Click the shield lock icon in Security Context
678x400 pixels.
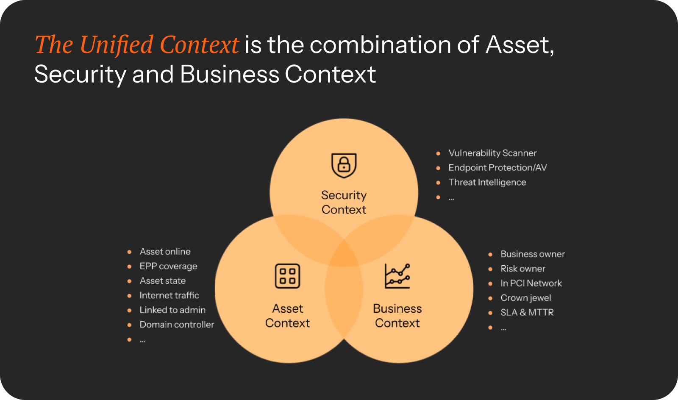click(344, 166)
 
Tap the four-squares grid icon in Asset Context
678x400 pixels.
click(287, 276)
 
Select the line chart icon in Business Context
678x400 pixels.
click(397, 276)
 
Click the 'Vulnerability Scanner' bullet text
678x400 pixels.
click(492, 153)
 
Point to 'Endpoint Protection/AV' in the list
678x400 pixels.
click(497, 168)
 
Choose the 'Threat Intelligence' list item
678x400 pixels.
click(487, 182)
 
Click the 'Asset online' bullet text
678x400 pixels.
click(165, 251)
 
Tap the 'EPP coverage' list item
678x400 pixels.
click(168, 266)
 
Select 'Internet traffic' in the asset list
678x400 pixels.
click(169, 295)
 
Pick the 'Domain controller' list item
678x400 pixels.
click(177, 325)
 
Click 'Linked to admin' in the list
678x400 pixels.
click(172, 310)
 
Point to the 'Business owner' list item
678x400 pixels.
click(533, 254)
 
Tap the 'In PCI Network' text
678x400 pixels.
click(531, 283)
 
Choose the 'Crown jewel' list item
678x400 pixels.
click(526, 298)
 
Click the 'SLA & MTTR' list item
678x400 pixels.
click(527, 312)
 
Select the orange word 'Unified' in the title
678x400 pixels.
click(117, 45)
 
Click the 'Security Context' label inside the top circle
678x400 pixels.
click(344, 203)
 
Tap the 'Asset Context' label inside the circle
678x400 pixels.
click(287, 316)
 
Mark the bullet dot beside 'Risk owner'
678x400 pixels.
click(490, 269)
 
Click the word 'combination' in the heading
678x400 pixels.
click(381, 45)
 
